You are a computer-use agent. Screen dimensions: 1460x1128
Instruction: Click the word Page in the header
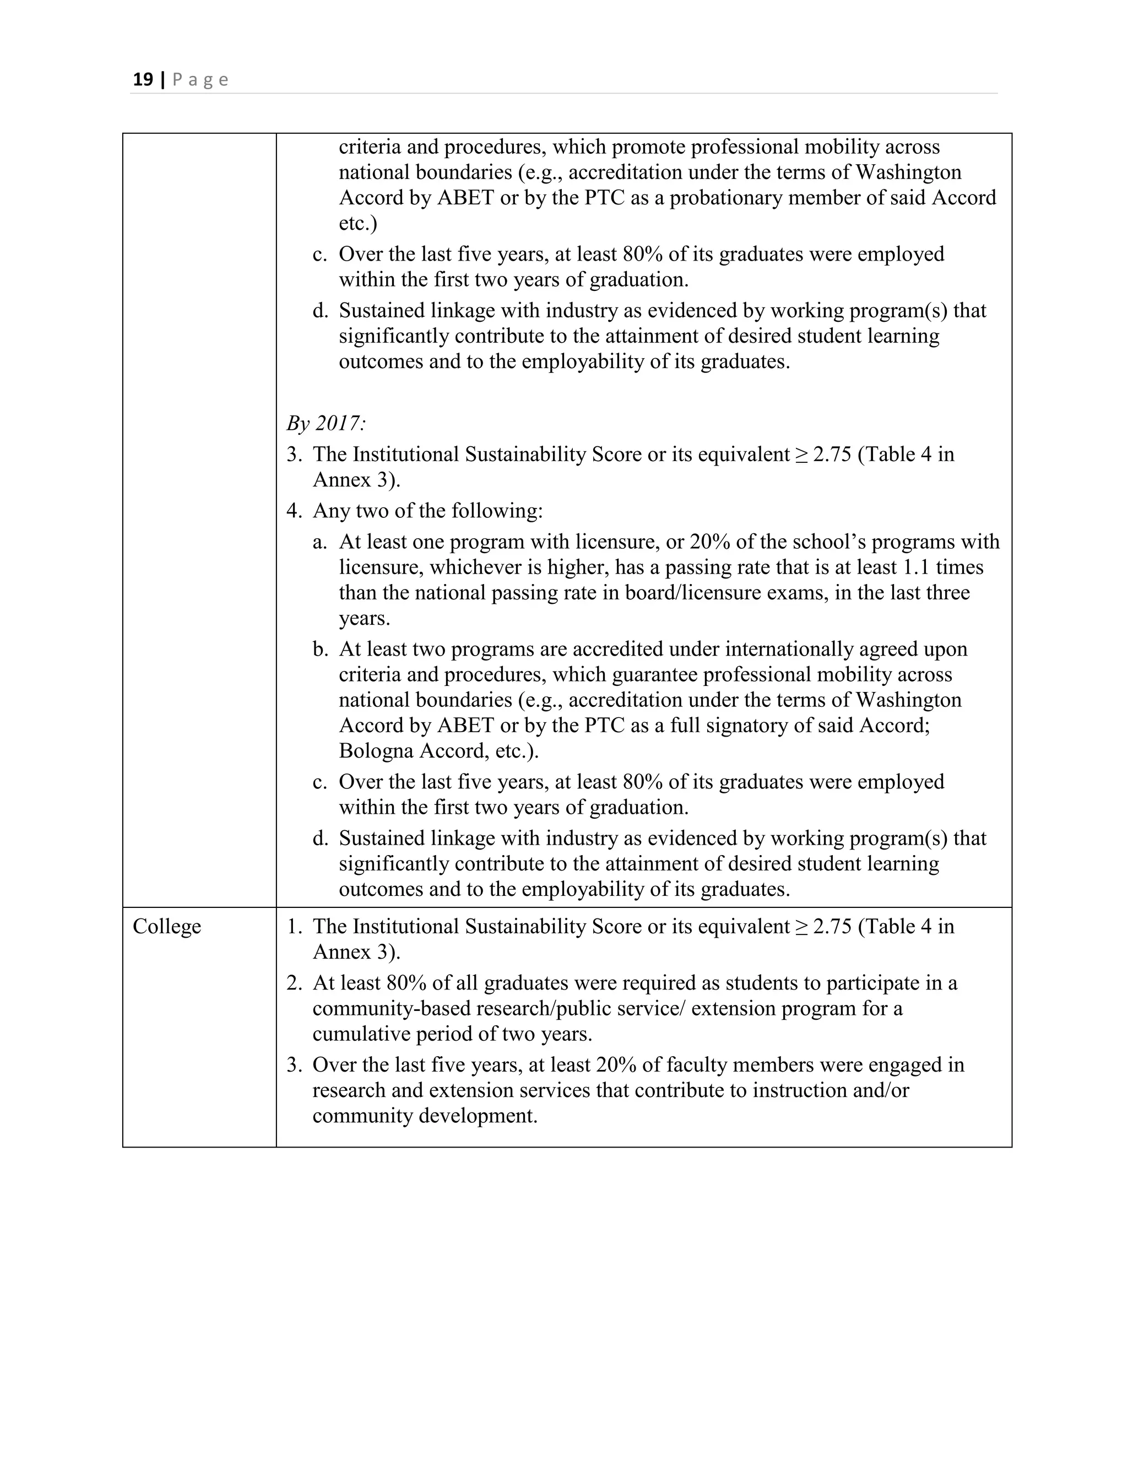200,80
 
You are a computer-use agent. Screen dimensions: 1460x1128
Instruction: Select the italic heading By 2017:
326,423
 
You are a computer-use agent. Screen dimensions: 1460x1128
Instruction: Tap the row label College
166,926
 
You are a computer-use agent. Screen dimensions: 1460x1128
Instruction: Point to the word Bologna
376,751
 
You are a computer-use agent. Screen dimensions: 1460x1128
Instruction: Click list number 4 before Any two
294,511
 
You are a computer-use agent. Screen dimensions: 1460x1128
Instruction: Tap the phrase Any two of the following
427,511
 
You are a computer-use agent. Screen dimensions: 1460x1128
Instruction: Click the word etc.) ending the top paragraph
357,223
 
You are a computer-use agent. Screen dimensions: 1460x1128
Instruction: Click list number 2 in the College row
294,983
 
